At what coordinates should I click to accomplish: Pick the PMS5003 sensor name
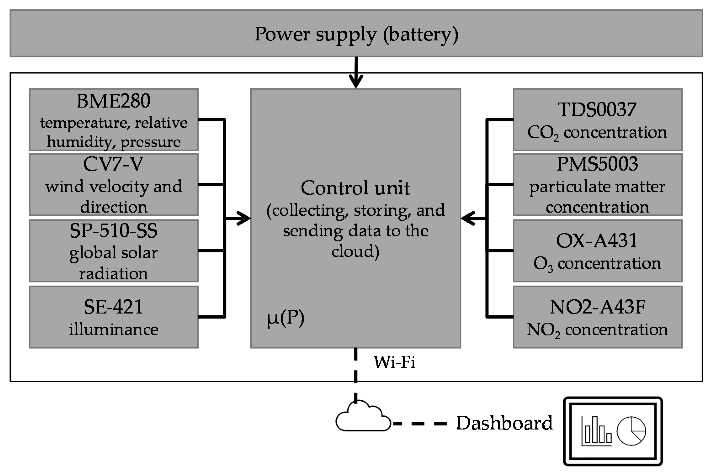[x=597, y=164]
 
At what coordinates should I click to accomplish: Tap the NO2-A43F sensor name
[x=597, y=307]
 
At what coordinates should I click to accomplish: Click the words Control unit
[x=355, y=188]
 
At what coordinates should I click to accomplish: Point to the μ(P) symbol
[x=286, y=318]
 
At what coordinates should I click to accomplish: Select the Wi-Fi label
[x=394, y=362]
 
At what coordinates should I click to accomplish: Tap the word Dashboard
[x=504, y=423]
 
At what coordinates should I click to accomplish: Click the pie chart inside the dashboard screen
[x=631, y=431]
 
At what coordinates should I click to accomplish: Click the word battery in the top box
[x=420, y=34]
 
